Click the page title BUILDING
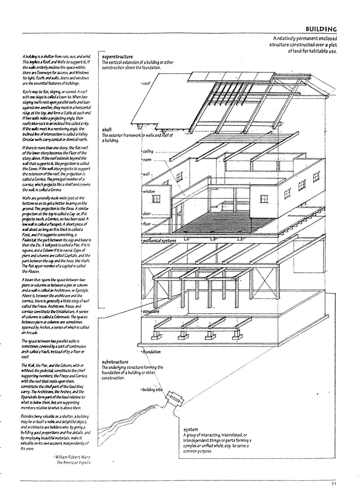coord(321,29)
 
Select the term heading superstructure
coord(117,57)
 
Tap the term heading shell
coord(107,130)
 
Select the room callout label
coord(147,160)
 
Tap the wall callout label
coord(146,174)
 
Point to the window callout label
coord(149,191)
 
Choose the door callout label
coord(147,213)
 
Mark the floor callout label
coord(147,224)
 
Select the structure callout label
coord(151,312)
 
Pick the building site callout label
coord(152,390)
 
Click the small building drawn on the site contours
coord(177,400)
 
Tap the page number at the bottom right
coord(334,483)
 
